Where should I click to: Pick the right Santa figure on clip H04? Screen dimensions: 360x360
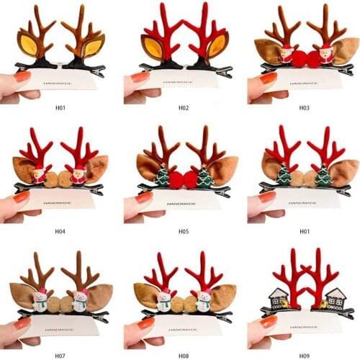[x=78, y=174]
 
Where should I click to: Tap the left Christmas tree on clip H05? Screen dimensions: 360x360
[x=162, y=176]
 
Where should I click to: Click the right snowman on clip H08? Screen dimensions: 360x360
[x=204, y=299]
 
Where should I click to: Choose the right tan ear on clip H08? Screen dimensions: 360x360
[x=225, y=294]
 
